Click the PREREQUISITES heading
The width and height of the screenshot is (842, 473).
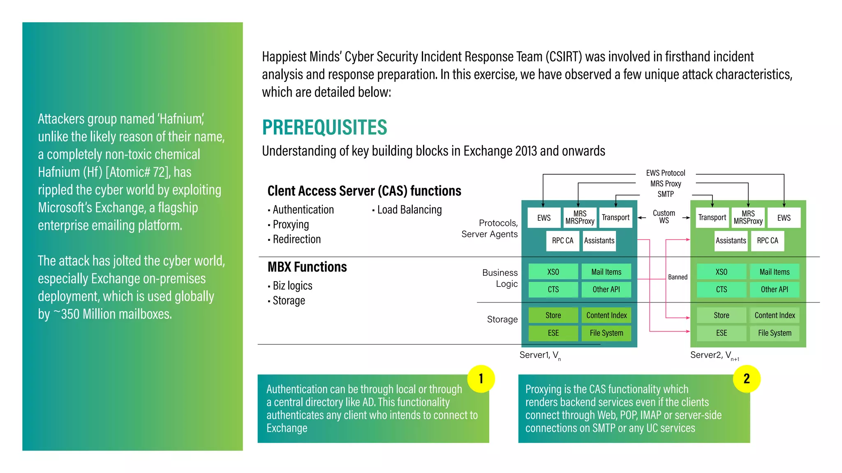point(324,127)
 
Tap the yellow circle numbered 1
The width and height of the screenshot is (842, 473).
point(481,378)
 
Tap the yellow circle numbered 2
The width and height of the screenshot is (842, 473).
point(746,378)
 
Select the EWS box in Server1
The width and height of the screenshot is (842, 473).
point(544,218)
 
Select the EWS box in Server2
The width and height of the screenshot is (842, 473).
point(784,218)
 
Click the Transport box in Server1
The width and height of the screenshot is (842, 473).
point(615,218)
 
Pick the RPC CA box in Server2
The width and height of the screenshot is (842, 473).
point(767,241)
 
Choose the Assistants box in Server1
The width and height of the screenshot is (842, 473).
point(599,241)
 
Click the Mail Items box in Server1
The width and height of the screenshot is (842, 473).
point(606,272)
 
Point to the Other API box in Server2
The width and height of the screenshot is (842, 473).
point(774,290)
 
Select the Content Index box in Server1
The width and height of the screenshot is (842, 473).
point(606,316)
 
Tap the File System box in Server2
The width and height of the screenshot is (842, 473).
point(774,333)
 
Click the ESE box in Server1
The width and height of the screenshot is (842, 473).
point(553,333)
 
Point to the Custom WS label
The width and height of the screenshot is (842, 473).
point(664,217)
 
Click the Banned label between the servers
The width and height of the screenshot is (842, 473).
point(678,277)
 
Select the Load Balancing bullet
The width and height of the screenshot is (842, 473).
point(409,210)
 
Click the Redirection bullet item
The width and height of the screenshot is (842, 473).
point(296,240)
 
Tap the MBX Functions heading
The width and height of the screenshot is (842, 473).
point(307,267)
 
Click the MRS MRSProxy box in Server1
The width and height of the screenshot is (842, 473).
point(580,218)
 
